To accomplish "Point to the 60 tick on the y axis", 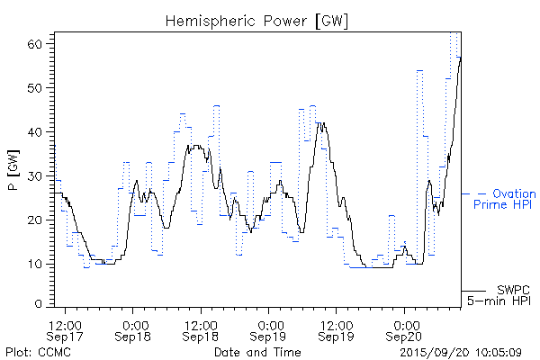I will coord(40,43).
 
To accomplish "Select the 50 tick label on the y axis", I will coord(40,87).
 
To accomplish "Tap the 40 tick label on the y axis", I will coord(40,131).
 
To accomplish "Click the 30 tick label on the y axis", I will coord(40,175).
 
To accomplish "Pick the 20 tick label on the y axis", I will coord(40,220).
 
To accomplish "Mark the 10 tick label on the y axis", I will coord(40,264).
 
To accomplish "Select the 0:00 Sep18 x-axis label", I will coord(134,328).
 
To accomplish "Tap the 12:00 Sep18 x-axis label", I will coord(201,328).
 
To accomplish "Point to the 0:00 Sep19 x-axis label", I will coord(269,328).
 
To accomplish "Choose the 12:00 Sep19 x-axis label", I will coord(336,328).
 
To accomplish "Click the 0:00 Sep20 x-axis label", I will coord(404,328).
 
